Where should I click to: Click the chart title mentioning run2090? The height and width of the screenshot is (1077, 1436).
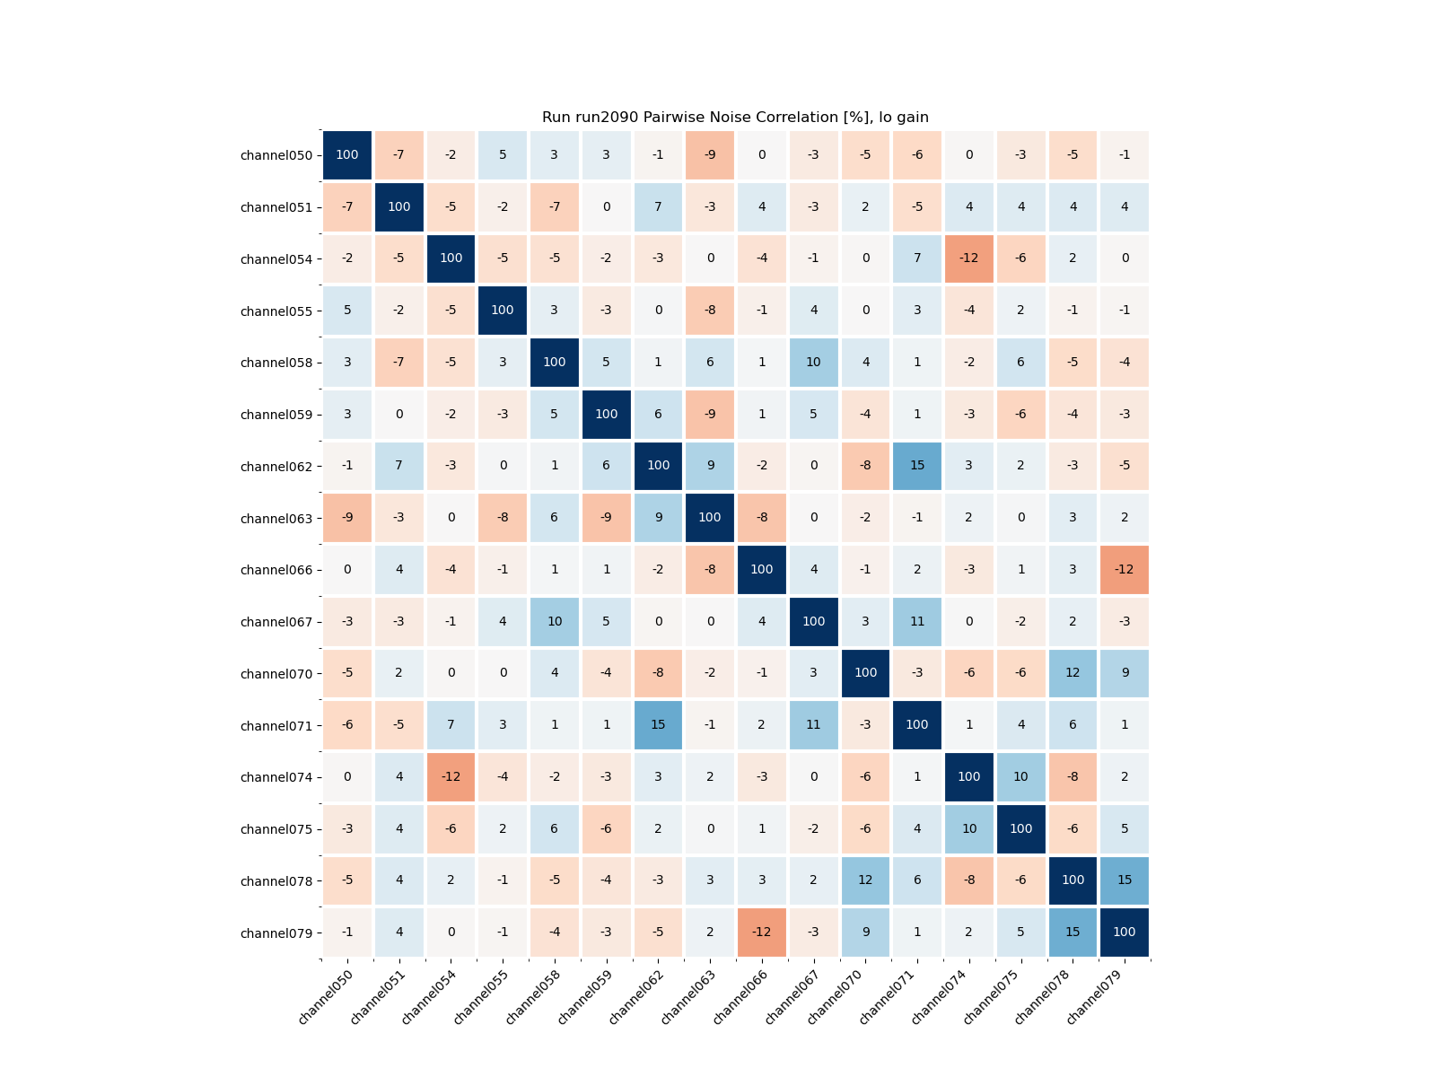pyautogui.click(x=735, y=118)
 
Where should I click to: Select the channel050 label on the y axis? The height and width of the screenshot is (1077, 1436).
pyautogui.click(x=276, y=155)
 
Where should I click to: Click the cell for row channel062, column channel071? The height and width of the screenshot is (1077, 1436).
pyautogui.click(x=917, y=466)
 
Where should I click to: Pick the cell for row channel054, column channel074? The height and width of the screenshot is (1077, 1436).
pyautogui.click(x=969, y=258)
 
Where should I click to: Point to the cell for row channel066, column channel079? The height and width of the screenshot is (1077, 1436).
pyautogui.click(x=1125, y=570)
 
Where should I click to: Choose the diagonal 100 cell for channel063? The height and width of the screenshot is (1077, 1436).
pyautogui.click(x=710, y=518)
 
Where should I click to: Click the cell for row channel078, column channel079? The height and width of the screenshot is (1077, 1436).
pyautogui.click(x=1125, y=880)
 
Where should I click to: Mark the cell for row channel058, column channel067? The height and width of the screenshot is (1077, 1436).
pyautogui.click(x=814, y=363)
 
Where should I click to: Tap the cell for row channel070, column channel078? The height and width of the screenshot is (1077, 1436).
pyautogui.click(x=1073, y=673)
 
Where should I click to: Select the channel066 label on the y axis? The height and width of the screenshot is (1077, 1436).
pyautogui.click(x=276, y=570)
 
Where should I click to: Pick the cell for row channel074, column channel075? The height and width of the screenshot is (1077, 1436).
pyautogui.click(x=1021, y=777)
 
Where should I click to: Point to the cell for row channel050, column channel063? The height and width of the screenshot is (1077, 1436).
pyautogui.click(x=710, y=155)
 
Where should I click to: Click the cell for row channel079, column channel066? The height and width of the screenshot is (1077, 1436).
pyautogui.click(x=762, y=933)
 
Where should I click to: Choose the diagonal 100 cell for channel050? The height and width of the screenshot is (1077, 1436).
pyautogui.click(x=347, y=155)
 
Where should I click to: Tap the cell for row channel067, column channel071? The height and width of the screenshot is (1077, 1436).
pyautogui.click(x=917, y=621)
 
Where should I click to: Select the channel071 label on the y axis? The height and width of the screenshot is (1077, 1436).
pyautogui.click(x=276, y=725)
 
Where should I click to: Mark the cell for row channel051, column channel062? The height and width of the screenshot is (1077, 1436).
pyautogui.click(x=658, y=207)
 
